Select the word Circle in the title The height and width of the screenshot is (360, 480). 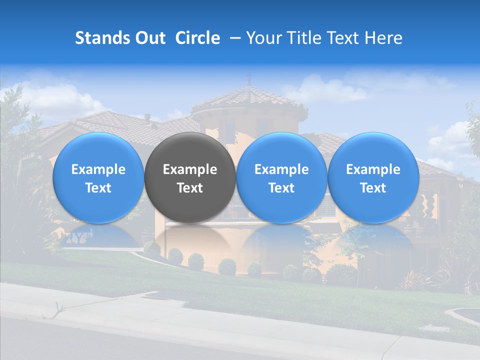tap(197, 38)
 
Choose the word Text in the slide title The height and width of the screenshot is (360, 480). tap(346, 38)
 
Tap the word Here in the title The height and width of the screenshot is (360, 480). tap(384, 38)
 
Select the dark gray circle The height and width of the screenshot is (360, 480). tap(190, 150)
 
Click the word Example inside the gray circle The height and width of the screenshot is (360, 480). tap(190, 169)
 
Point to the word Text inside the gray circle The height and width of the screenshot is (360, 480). tap(190, 188)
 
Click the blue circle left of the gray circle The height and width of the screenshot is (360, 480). tap(98, 150)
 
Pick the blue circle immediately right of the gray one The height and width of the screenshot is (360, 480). tap(281, 150)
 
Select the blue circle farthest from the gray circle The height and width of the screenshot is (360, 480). tap(373, 150)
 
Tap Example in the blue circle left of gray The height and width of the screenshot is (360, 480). tap(98, 169)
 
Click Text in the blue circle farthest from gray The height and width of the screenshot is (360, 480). tap(373, 188)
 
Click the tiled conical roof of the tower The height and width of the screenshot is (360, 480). tap(250, 98)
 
